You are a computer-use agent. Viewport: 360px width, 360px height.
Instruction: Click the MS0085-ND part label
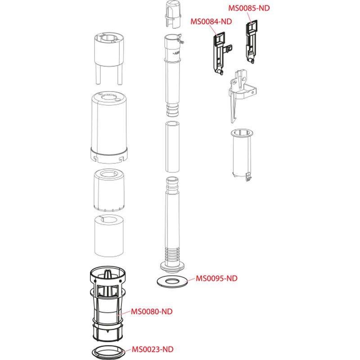point(249,8)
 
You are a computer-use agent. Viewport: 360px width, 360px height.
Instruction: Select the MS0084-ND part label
point(211,22)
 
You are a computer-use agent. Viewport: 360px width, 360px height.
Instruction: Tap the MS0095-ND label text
point(216,278)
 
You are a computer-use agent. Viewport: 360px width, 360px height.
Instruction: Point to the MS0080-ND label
point(152,311)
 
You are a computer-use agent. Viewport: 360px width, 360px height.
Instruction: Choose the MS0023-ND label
point(153,350)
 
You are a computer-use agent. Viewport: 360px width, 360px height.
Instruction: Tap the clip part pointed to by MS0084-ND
point(221,53)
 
